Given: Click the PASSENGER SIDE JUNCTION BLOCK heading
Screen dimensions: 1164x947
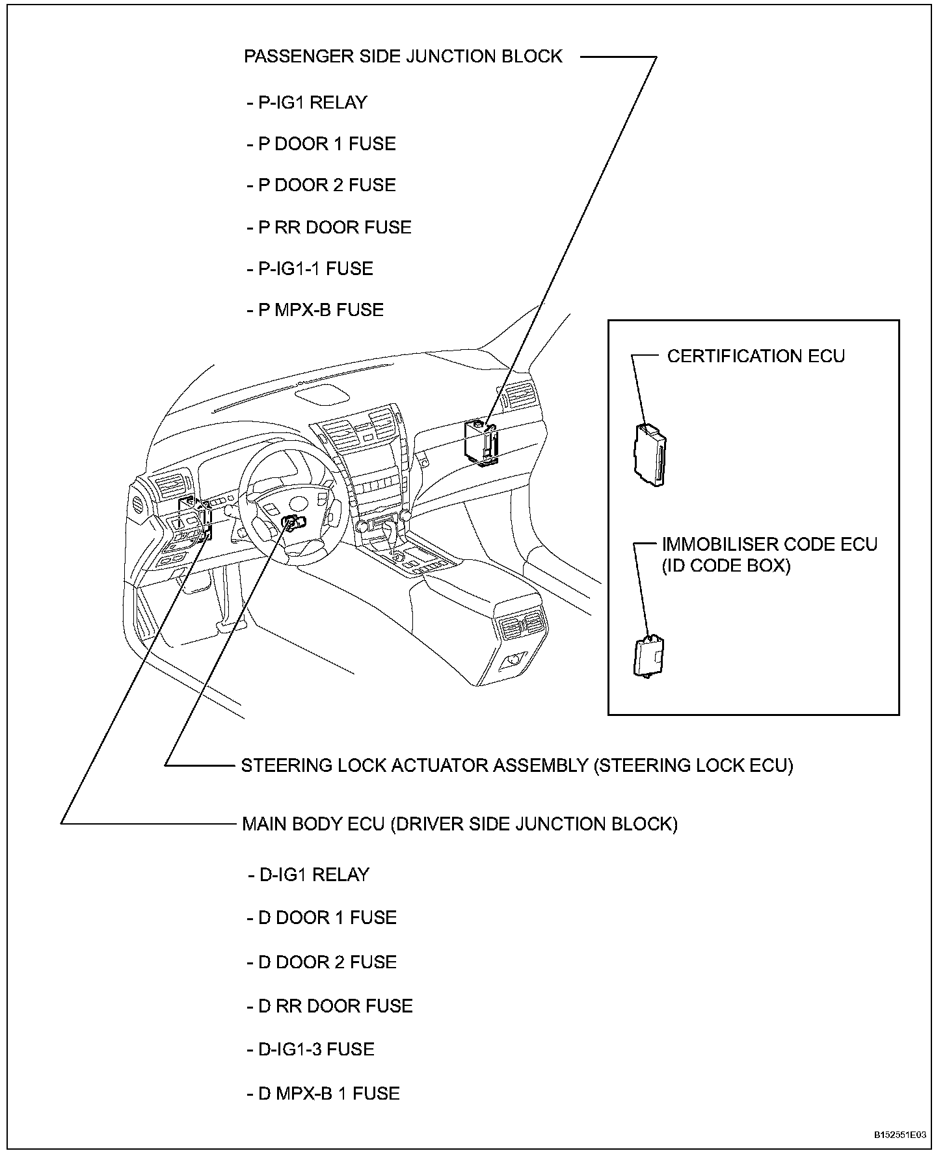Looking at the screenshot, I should point(403,57).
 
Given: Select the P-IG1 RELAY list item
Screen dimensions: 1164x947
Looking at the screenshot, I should point(307,103).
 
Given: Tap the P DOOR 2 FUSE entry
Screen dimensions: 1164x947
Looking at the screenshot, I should point(321,185).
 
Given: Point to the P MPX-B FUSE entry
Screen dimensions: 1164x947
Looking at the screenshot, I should point(315,310).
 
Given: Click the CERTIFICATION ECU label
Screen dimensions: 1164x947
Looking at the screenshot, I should point(756,356).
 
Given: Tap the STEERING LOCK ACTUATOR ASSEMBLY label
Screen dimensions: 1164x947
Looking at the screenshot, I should point(517,765).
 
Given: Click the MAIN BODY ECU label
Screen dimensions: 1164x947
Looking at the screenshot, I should point(459,824).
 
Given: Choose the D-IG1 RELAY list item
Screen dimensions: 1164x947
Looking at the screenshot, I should point(308,875).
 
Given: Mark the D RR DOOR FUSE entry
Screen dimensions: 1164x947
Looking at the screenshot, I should point(330,1006).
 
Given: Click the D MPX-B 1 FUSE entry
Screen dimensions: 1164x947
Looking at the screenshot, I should point(323,1094).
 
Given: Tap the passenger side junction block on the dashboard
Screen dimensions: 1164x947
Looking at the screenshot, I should point(481,442).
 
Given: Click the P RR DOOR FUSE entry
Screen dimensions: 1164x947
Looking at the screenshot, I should point(329,228).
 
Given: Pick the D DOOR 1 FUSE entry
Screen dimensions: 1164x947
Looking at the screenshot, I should point(322,918).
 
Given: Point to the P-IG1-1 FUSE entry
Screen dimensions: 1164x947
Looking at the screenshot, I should point(310,269).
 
